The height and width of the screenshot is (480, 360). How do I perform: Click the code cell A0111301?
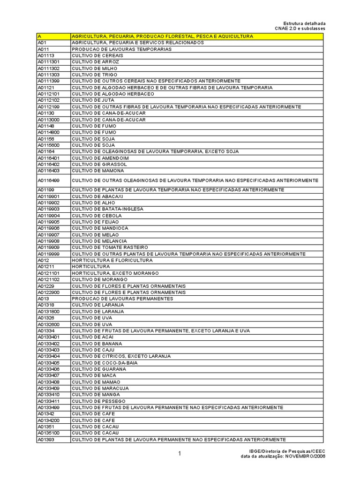48,62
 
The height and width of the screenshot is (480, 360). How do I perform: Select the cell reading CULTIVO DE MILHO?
94,68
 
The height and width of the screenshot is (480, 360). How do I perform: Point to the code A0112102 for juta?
48,100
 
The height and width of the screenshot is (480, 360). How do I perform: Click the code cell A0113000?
48,120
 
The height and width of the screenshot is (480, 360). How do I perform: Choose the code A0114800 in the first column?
48,132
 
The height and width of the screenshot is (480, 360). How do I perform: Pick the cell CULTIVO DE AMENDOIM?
100,158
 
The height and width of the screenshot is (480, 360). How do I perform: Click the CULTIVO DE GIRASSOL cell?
99,165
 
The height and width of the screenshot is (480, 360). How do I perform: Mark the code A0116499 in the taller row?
48,180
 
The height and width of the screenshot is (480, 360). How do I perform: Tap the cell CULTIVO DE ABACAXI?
97,196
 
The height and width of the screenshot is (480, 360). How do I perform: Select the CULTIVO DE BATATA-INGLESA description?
107,209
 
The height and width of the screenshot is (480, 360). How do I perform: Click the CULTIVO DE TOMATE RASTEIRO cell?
110,247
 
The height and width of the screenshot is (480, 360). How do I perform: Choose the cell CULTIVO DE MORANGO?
99,279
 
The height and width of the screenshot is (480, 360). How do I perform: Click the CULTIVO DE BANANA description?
97,344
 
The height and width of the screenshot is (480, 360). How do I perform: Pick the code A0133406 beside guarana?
48,369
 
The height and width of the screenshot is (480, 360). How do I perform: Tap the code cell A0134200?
48,420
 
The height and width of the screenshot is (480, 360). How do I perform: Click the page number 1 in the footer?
179,453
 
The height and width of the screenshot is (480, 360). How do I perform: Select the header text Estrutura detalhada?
304,23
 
